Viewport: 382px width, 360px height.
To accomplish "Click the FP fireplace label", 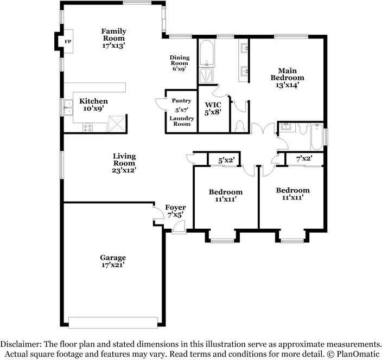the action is click(x=68, y=42).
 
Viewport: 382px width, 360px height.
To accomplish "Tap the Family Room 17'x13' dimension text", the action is click(x=113, y=46).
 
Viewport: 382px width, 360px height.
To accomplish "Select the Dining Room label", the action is click(x=180, y=60).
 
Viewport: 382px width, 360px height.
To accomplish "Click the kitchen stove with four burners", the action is click(x=87, y=127).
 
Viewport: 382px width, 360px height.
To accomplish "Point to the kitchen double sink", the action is click(x=68, y=107).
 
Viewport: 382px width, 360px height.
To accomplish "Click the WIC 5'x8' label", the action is click(x=213, y=108).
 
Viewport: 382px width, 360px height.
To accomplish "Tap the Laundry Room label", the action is click(x=182, y=121).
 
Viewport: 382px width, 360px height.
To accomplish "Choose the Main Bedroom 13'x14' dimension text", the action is click(x=287, y=85).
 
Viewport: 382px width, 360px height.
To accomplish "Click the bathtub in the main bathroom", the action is click(x=207, y=53).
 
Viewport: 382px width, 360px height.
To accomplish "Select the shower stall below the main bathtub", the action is click(x=206, y=76).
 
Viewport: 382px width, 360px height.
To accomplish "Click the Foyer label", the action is click(x=175, y=208).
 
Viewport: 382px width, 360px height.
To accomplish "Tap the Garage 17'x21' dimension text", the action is click(x=113, y=265).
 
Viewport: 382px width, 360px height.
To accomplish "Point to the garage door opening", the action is click(x=113, y=323).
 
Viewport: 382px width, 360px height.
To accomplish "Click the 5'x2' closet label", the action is click(x=226, y=160).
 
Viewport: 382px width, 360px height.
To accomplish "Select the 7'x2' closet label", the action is click(x=304, y=159).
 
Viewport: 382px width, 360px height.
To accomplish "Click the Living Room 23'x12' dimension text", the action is click(x=124, y=170).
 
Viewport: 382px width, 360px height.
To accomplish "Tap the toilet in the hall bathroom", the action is click(x=303, y=128).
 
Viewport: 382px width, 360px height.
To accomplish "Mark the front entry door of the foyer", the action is click(x=179, y=227).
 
